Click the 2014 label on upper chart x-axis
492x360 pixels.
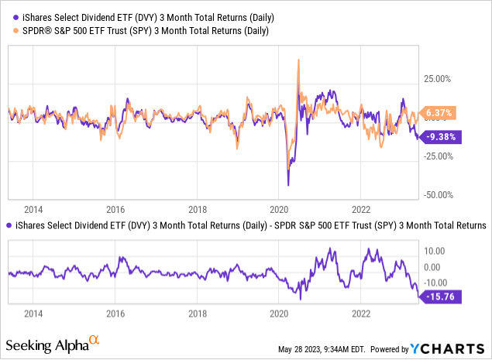pos(33,209)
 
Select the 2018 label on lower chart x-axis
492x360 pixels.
pos(197,314)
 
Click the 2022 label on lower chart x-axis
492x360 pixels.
pos(361,314)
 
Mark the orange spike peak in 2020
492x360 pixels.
pos(298,60)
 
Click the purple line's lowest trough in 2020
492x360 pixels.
pos(288,185)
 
